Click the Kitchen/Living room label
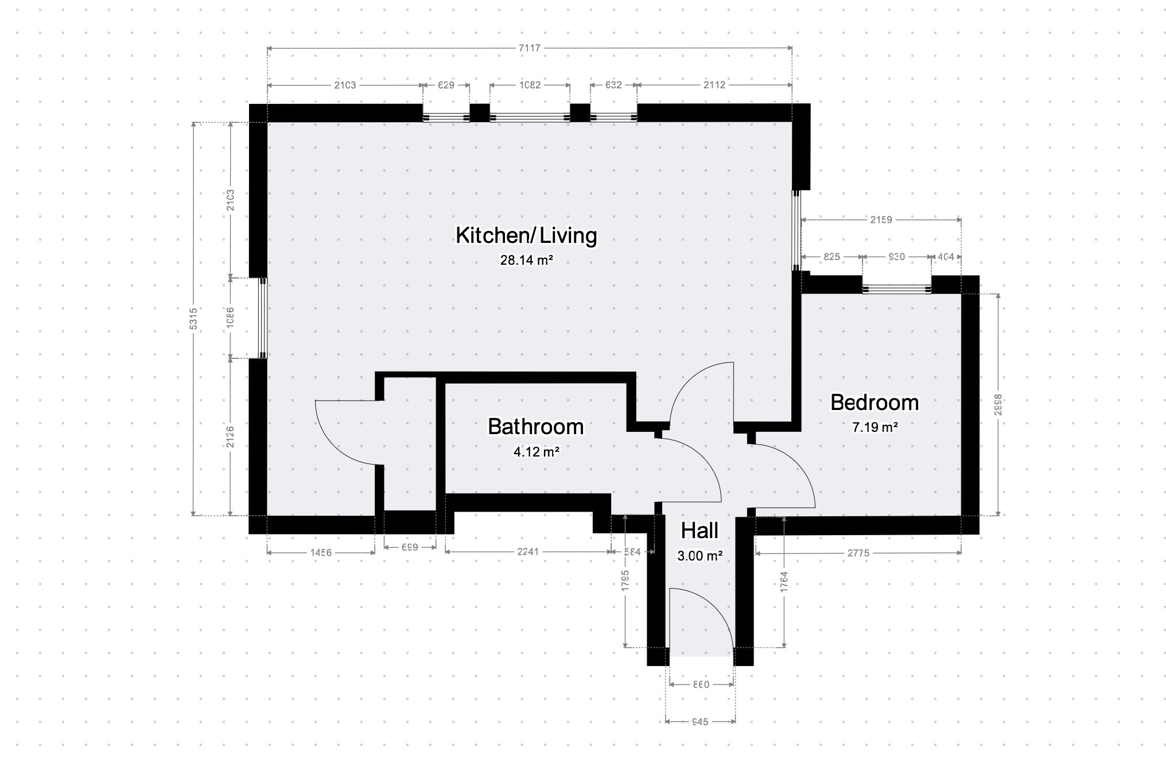coord(526,235)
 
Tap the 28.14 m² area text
coord(526,260)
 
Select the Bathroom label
coord(535,427)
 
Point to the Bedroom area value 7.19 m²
coord(874,427)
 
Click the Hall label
coord(699,531)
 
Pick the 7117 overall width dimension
coord(529,48)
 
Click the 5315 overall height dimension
coord(193,319)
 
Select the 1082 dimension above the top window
coord(530,85)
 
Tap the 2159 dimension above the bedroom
coord(881,219)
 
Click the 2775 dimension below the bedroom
coord(858,553)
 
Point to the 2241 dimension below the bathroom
coord(528,552)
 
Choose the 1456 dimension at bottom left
coord(321,553)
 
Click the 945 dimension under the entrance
coord(700,722)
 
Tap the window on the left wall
coord(262,319)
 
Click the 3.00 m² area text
coord(699,556)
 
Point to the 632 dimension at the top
coord(613,85)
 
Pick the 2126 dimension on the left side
coord(230,436)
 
